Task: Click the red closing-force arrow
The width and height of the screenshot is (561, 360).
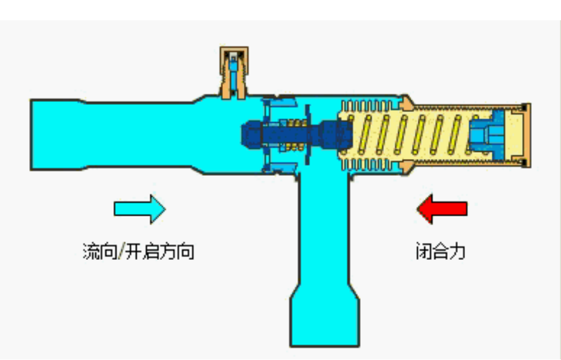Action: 442,209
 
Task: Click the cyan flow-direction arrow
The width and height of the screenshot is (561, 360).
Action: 140,209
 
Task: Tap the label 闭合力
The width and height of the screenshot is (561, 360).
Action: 440,252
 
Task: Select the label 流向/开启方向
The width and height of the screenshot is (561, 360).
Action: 138,252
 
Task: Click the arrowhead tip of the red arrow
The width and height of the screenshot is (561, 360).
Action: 418,209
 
